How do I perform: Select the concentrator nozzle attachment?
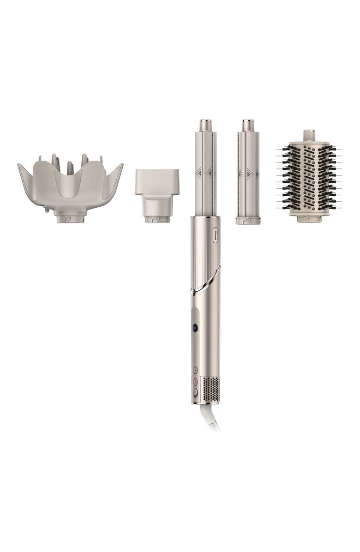157,189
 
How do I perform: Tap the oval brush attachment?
309,178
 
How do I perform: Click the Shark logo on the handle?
215,235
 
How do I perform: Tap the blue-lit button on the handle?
195,328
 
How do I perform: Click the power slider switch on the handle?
195,392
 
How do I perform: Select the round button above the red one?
195,370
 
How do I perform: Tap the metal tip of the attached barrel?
205,125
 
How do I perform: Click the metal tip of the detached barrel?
248,125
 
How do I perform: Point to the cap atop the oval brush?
309,136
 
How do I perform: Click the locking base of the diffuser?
71,217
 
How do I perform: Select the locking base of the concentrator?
157,219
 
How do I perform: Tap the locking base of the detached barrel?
248,221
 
